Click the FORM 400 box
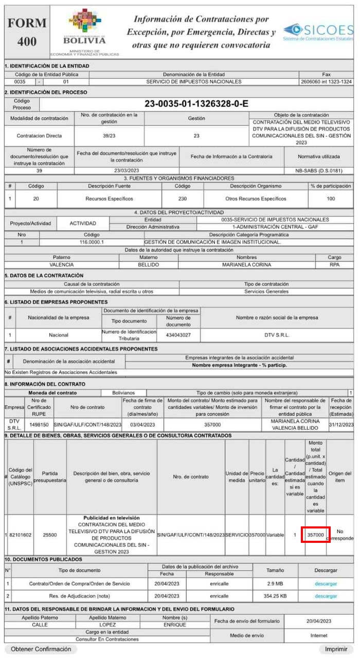[x=27, y=32]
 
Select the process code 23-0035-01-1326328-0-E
[x=196, y=104]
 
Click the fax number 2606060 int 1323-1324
[x=326, y=82]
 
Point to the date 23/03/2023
[x=127, y=171]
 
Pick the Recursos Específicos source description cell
[x=109, y=198]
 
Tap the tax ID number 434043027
[x=178, y=335]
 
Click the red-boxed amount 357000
[x=315, y=535]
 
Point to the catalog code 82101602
[x=21, y=535]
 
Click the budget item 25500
[x=50, y=535]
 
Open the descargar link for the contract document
[x=326, y=584]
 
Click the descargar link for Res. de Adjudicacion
[x=326, y=596]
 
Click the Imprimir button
[x=335, y=649]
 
